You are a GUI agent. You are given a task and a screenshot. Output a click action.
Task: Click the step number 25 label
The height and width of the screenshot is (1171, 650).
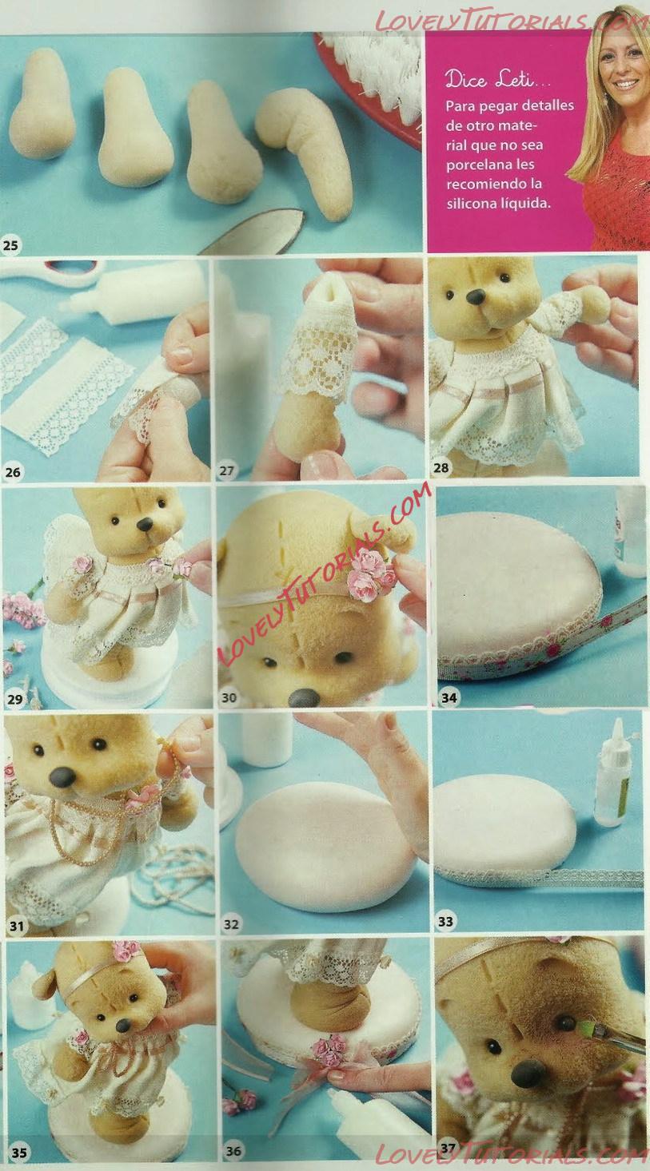tap(10, 244)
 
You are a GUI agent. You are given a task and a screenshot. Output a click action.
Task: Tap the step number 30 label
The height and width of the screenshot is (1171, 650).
tap(229, 697)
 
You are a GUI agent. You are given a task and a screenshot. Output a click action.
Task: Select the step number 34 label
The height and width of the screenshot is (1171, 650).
tap(449, 697)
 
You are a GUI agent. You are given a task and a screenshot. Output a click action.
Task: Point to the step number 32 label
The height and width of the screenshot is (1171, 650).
tap(231, 923)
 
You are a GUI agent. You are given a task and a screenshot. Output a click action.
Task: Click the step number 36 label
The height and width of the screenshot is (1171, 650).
tap(233, 1150)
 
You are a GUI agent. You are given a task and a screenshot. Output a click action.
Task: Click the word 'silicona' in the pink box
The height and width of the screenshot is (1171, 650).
tap(470, 204)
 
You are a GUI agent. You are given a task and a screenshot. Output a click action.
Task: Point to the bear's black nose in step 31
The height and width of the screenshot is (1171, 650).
tap(64, 777)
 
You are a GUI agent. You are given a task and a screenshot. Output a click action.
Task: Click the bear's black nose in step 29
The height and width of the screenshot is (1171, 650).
tap(145, 524)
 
